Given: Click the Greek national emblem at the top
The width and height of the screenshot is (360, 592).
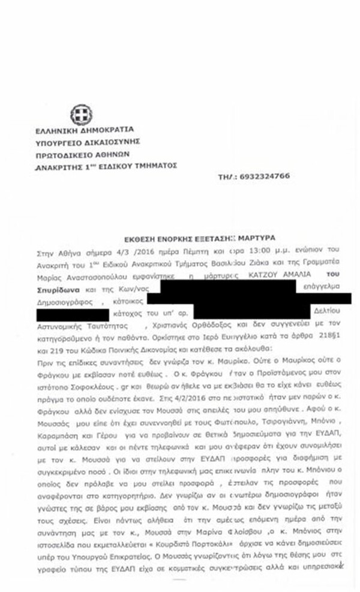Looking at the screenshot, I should point(79,114).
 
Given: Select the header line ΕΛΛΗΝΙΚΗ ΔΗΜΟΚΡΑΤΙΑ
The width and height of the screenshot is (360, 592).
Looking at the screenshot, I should point(83,129).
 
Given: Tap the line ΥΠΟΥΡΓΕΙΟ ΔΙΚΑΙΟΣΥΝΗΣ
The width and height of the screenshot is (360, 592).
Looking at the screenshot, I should point(88,141).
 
